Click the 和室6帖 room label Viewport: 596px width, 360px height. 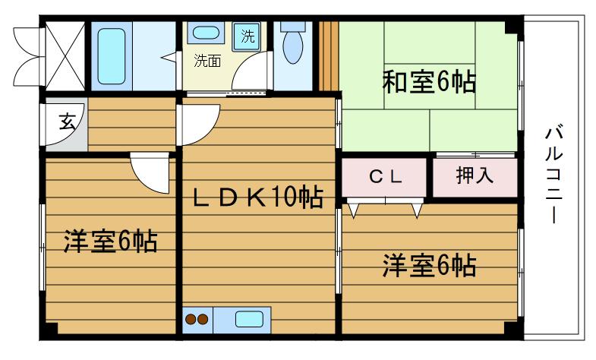pos(429,81)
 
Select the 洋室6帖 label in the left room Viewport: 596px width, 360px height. pos(110,242)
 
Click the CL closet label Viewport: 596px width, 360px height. pos(385,177)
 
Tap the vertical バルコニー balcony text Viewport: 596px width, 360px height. pos(552,175)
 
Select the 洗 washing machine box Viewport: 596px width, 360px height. pos(248,35)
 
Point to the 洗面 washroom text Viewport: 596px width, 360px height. pos(207,62)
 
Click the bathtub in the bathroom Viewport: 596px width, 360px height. pos(112,56)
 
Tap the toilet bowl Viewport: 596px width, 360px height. pos(292,46)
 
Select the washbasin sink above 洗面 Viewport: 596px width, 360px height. pos(204,33)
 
